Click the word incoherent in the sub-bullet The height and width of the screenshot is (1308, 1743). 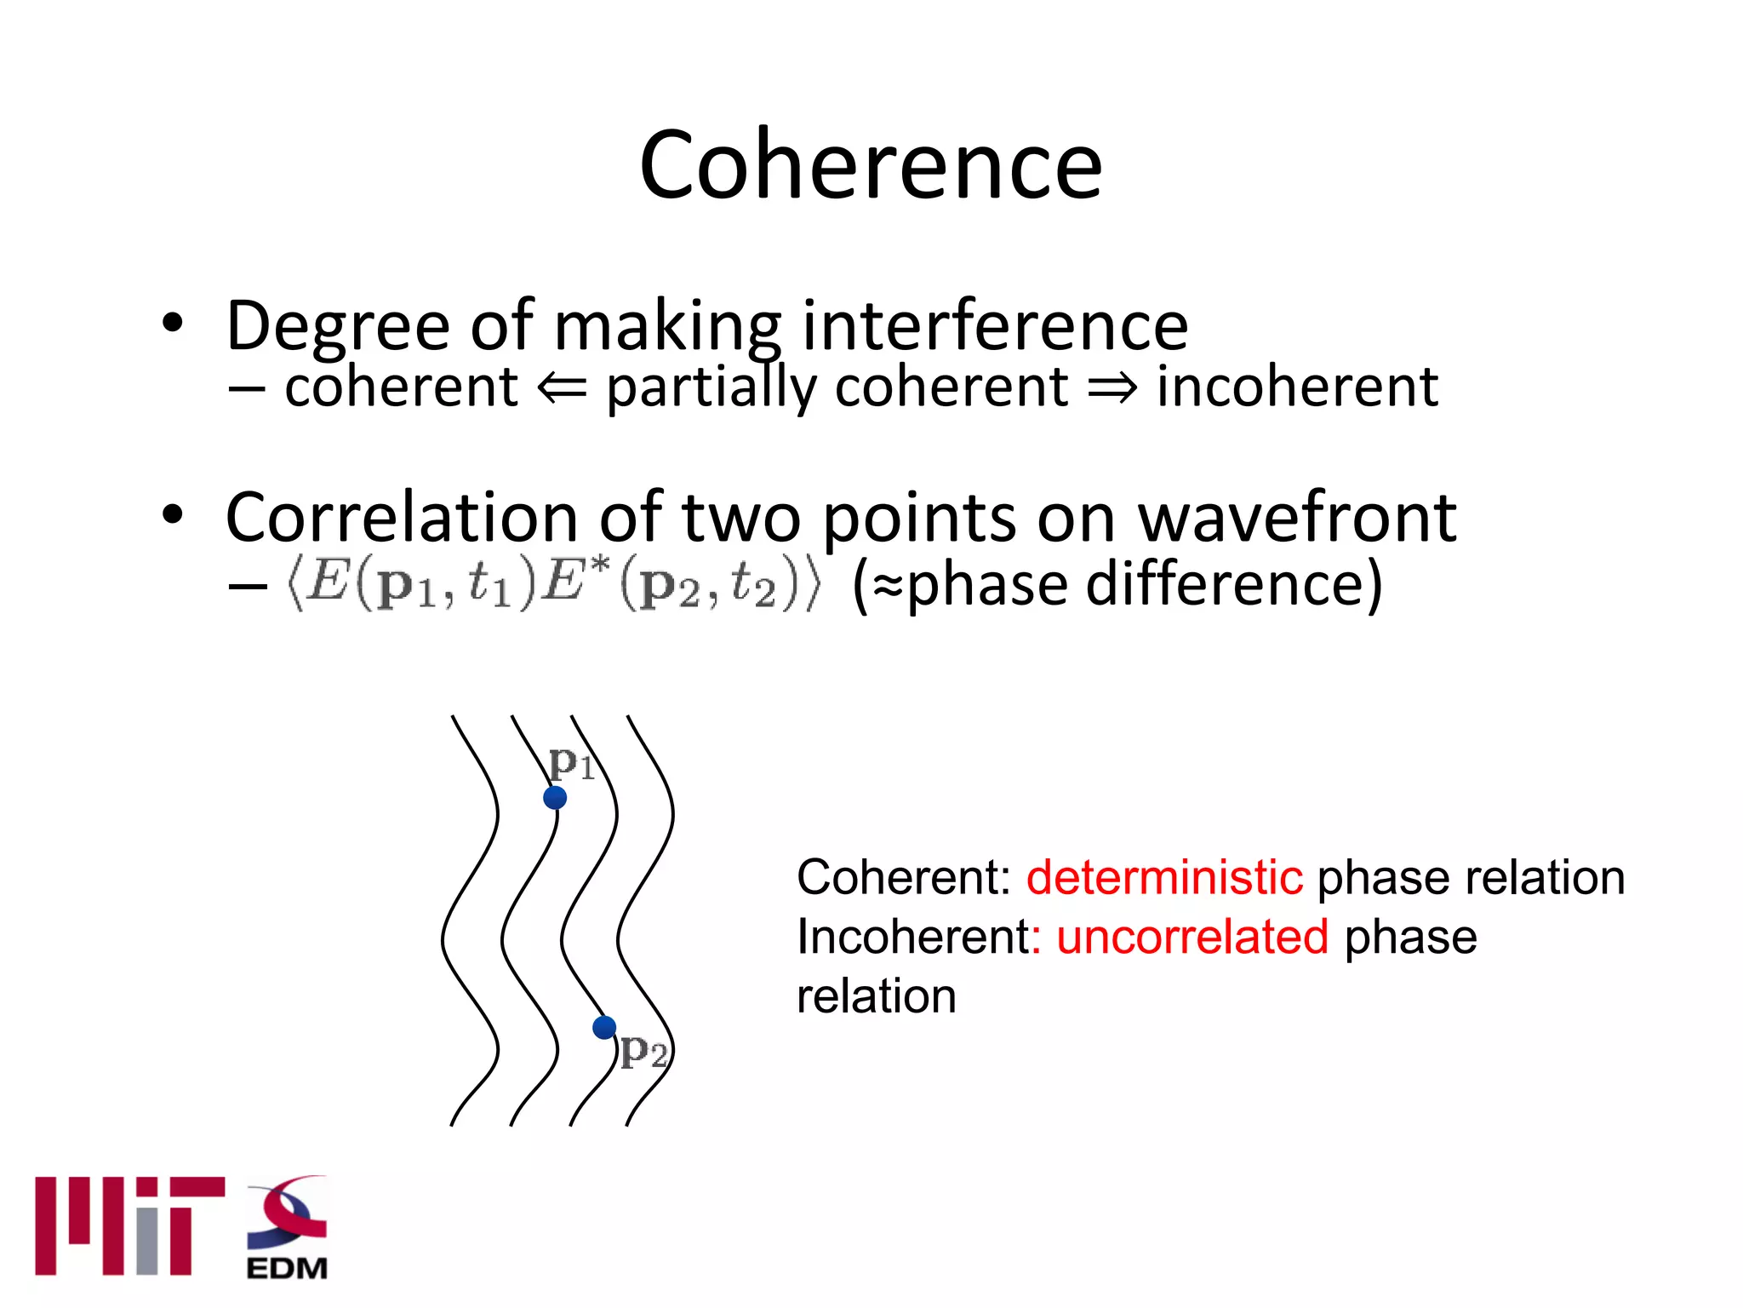tap(1297, 387)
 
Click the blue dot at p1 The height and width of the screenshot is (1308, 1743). tap(555, 798)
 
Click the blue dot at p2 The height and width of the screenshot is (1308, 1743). tap(604, 1028)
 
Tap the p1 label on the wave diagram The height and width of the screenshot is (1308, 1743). tap(571, 762)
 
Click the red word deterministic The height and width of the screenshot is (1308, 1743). tap(1163, 877)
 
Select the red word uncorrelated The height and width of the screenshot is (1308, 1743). tap(1192, 937)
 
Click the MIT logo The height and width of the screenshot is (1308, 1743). tap(129, 1225)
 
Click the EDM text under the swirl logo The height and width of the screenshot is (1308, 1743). tap(287, 1268)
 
